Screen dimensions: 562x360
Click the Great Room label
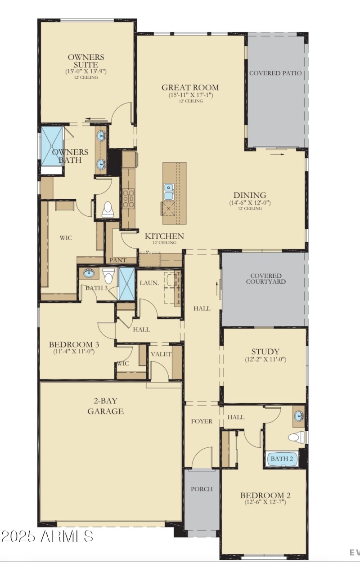coord(190,87)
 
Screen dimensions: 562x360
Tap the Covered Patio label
coord(275,73)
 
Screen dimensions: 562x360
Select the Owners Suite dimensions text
coord(85,71)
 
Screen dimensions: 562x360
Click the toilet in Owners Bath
coord(108,209)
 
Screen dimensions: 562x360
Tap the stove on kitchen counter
coord(127,198)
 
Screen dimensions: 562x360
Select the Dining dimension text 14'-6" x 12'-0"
coord(249,202)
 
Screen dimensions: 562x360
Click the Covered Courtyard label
coord(266,279)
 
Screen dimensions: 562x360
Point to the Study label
coord(265,351)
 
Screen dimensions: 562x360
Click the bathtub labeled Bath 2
coord(282,459)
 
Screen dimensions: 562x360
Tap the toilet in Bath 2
coord(296,437)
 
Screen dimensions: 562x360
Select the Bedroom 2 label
coord(265,495)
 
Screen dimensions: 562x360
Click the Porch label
coord(201,489)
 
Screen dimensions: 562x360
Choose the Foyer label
coord(202,421)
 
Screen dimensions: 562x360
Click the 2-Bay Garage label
coord(106,406)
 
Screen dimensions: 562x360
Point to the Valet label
coord(161,354)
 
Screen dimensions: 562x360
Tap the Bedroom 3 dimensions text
coord(73,352)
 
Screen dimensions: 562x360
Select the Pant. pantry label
coord(116,260)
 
